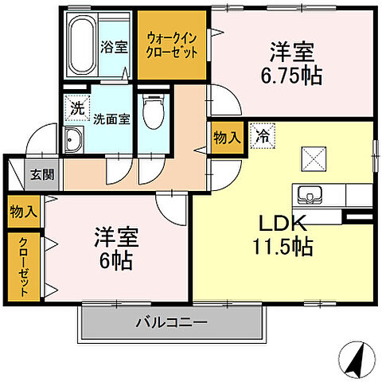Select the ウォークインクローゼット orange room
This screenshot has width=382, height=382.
click(x=171, y=45)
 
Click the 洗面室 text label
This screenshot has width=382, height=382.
click(x=109, y=120)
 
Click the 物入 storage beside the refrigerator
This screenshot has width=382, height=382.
click(x=226, y=138)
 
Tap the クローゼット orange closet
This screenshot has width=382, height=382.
click(x=24, y=267)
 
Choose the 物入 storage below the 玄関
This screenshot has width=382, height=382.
click(x=23, y=211)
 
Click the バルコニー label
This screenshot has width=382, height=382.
click(x=170, y=323)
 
